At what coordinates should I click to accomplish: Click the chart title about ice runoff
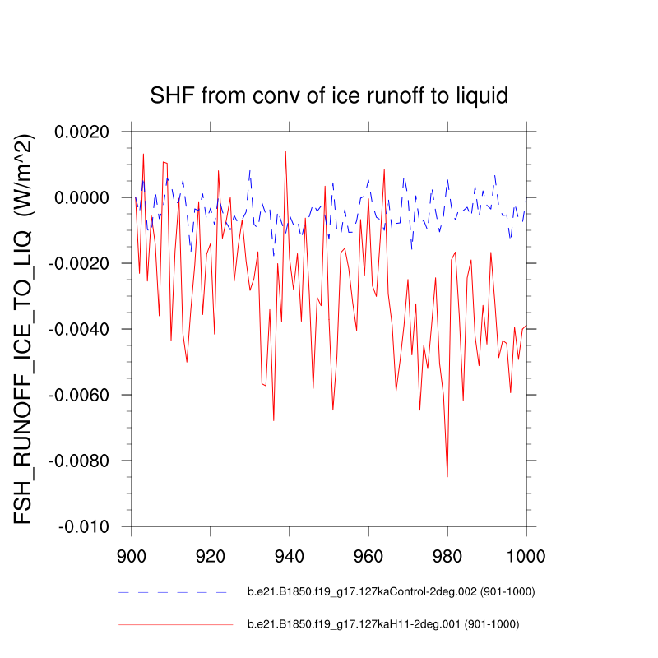pos(329,95)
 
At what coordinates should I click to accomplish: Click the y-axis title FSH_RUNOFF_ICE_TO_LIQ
pos(26,329)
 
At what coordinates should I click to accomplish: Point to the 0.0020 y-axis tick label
pos(86,132)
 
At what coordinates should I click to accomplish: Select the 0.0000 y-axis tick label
pos(86,197)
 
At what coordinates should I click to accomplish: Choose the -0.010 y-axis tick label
pos(88,526)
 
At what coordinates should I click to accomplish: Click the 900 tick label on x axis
pos(132,555)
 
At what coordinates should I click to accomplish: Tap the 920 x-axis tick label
pos(211,555)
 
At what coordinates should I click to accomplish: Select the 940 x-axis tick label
pos(290,555)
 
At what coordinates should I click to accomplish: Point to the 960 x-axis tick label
pos(368,555)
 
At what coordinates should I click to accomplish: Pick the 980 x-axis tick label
pos(447,555)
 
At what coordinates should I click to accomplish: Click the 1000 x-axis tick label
pos(526,555)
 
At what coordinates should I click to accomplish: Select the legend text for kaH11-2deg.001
pos(383,624)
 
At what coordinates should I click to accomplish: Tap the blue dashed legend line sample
pos(172,591)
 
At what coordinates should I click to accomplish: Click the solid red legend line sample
pos(176,624)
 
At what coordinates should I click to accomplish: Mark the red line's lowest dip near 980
pos(447,476)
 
